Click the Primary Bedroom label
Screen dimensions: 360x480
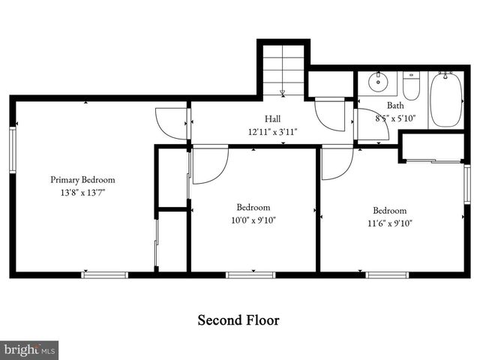[x=82, y=180]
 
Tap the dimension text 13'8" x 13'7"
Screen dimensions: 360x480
[x=82, y=193]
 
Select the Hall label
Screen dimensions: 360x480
[x=272, y=119]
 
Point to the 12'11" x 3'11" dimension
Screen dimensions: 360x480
[x=272, y=131]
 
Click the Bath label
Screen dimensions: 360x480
[x=394, y=106]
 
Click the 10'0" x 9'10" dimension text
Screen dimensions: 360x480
[x=247, y=220]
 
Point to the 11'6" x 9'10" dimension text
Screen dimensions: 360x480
[x=389, y=223]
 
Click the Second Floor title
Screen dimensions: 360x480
[x=238, y=320]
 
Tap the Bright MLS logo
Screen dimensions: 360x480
[x=29, y=350]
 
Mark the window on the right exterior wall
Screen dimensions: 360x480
[x=467, y=187]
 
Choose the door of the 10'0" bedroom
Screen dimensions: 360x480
[x=209, y=164]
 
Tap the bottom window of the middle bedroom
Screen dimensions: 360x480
[x=250, y=275]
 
